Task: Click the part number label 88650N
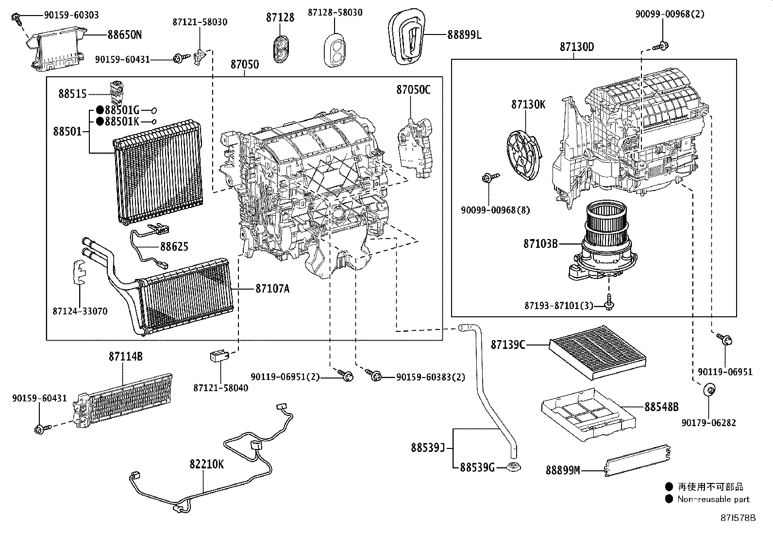coord(124,35)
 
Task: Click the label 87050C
coord(413,90)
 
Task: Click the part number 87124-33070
coord(80,311)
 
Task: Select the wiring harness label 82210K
coord(207,464)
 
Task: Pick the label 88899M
coord(563,470)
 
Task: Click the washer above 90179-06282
coord(708,389)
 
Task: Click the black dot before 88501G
coord(100,110)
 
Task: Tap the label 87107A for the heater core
coord(272,289)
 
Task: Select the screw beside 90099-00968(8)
coord(487,179)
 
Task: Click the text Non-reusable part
coord(713,499)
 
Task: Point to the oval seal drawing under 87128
coord(281,49)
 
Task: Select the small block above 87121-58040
coord(218,356)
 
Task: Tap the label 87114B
coord(125,356)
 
